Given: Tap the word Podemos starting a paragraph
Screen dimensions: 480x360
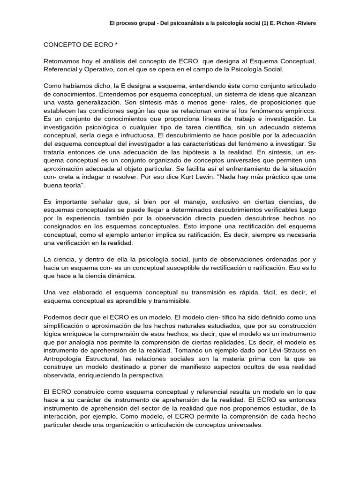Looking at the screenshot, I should point(58,317).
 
